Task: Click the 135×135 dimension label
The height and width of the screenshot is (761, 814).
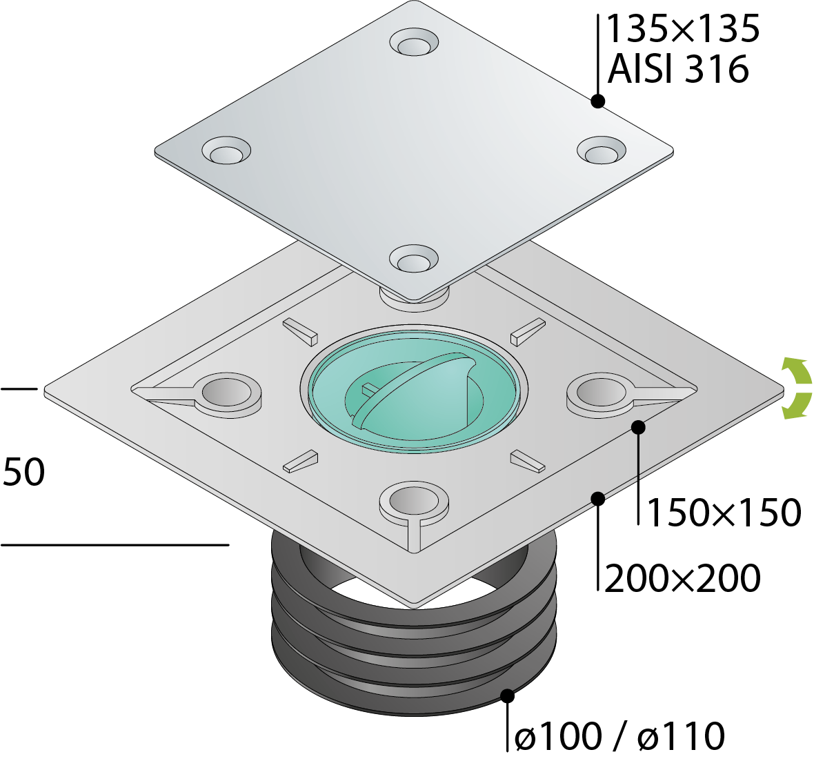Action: [x=682, y=29]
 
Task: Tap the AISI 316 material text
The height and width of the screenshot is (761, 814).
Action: [x=678, y=69]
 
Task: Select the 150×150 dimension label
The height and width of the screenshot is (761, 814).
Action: [x=724, y=513]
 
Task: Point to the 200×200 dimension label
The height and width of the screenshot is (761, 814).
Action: [x=682, y=578]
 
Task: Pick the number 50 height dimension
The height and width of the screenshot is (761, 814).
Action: [x=24, y=473]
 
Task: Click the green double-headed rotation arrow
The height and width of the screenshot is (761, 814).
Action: [x=796, y=388]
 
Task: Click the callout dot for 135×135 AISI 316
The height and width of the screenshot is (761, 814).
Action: [x=598, y=101]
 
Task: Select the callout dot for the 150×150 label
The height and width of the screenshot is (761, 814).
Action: [x=638, y=427]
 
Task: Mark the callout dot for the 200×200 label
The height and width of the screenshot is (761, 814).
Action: [x=598, y=497]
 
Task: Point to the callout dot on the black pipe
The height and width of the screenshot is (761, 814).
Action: [x=508, y=695]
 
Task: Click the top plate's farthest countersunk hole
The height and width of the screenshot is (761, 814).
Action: [x=415, y=43]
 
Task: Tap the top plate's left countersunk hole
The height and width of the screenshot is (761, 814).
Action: [x=226, y=151]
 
